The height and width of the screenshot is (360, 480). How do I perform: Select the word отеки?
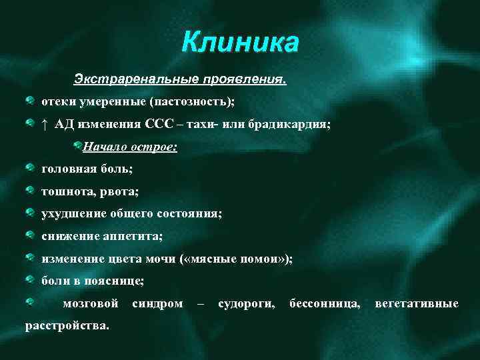56,102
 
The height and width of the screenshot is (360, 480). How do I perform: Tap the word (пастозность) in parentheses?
193,102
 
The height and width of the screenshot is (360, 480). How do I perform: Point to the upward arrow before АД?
44,124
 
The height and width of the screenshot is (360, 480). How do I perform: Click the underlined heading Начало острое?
129,147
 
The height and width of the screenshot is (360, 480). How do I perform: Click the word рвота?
119,191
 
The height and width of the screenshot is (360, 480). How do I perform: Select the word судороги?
246,303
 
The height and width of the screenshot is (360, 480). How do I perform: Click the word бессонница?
325,303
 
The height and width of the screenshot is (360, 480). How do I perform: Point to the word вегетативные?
417,303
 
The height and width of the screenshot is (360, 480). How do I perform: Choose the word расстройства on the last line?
67,325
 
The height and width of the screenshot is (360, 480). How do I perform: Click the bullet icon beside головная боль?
31,168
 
